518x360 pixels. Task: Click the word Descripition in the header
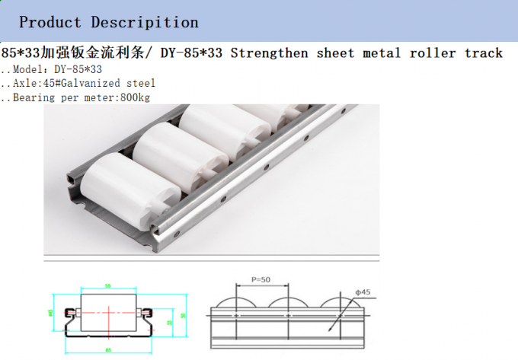coord(145,22)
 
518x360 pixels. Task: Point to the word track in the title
coord(482,53)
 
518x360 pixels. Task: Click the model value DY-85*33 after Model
coord(78,69)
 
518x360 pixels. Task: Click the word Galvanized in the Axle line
coord(101,83)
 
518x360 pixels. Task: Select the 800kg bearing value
coord(136,97)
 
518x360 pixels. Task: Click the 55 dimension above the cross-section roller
coord(107,285)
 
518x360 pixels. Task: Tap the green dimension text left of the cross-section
coord(50,313)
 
